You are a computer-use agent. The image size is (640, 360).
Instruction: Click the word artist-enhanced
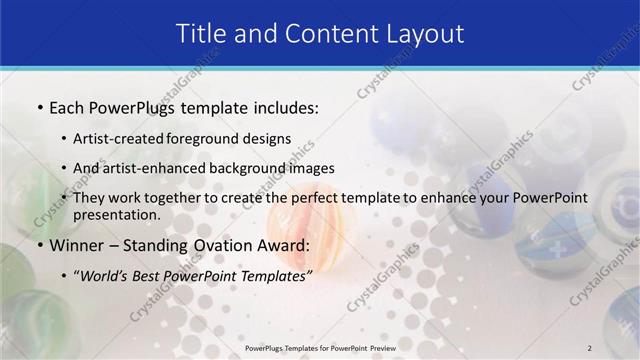[x=146, y=168]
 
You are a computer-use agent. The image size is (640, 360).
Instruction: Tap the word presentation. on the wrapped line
[x=116, y=215]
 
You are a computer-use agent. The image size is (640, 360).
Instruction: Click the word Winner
[x=77, y=245]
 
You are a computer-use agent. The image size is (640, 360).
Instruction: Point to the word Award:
[x=288, y=245]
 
